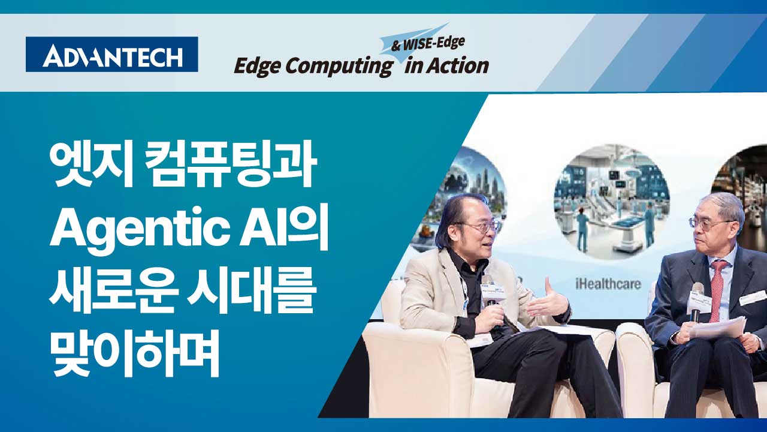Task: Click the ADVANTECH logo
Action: [111, 54]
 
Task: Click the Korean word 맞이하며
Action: [134, 354]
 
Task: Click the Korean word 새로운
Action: [114, 291]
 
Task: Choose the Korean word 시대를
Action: [250, 291]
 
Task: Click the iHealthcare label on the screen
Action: [608, 284]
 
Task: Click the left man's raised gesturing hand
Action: [547, 301]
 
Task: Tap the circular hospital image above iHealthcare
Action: [612, 201]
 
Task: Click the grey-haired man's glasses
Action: [708, 223]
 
